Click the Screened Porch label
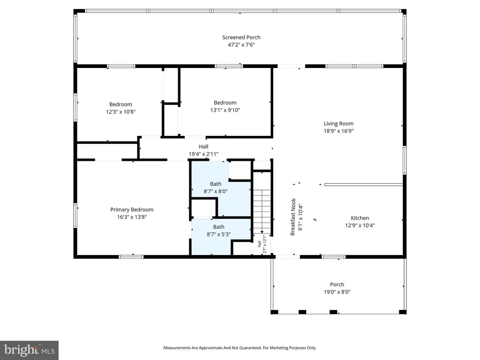(241, 37)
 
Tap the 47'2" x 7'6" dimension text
(241, 45)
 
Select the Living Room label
(338, 124)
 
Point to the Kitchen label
(360, 218)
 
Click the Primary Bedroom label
(132, 210)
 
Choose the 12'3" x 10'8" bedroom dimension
(120, 112)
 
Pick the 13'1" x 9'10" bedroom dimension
(225, 110)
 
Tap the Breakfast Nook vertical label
(293, 217)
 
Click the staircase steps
(262, 211)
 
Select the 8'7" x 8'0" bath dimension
(216, 191)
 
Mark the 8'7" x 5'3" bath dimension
(218, 234)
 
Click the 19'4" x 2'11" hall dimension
(203, 154)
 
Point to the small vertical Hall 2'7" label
(262, 244)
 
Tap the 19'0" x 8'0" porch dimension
(337, 292)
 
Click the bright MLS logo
(29, 350)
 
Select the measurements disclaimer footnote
(240, 348)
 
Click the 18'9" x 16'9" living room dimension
(338, 131)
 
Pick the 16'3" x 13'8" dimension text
(132, 217)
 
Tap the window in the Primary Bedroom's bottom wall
(131, 257)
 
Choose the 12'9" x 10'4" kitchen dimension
(360, 225)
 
